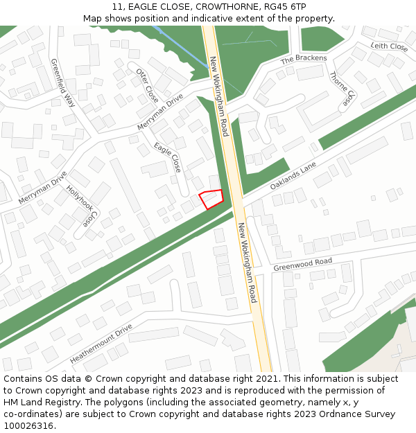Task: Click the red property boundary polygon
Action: coord(211,198)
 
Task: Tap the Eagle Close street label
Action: coord(168,157)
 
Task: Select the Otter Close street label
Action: coord(147,85)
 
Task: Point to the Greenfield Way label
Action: coord(63,82)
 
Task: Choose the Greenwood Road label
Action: coord(303,264)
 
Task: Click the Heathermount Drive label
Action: coord(101,344)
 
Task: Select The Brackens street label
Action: coord(303,60)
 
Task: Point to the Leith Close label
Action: coord(389,46)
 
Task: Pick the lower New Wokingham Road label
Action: coord(248,263)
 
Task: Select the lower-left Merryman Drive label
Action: coord(43,187)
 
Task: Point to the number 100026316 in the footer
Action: coord(28,426)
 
